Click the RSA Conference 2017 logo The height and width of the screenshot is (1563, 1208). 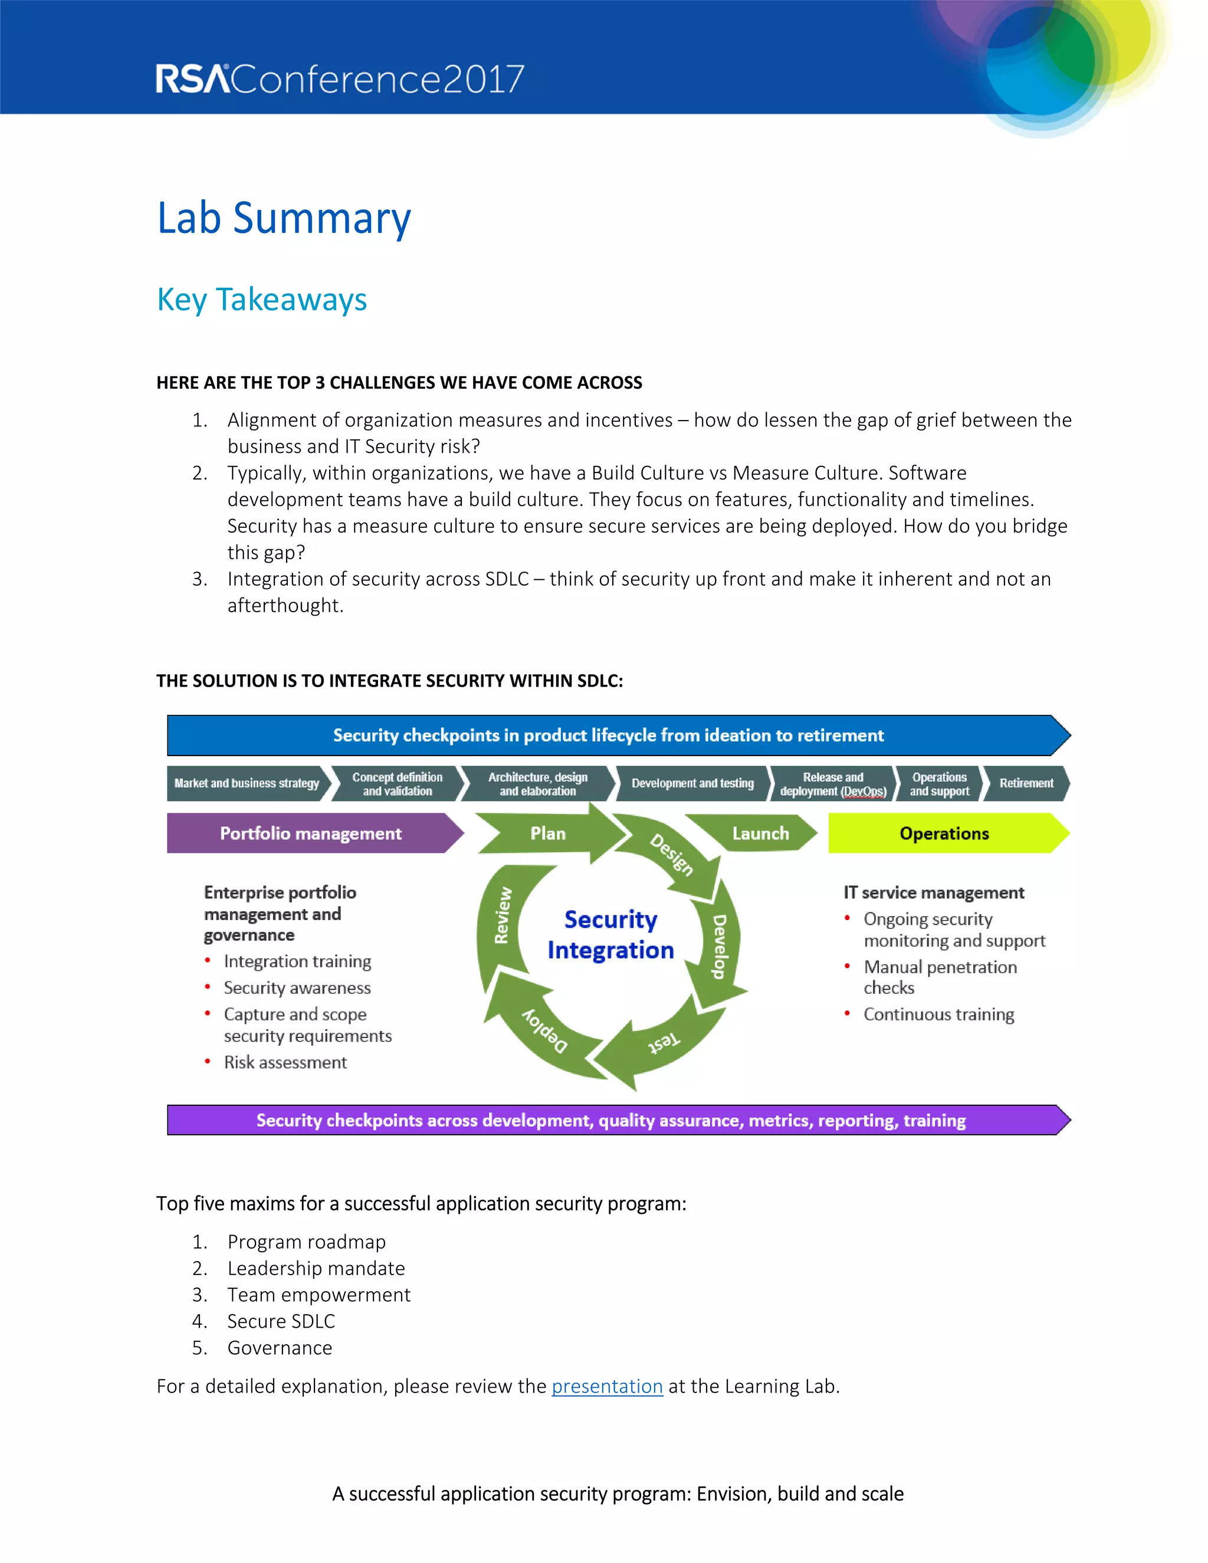(340, 78)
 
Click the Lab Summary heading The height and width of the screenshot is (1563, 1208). (284, 218)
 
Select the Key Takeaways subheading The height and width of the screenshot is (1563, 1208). (262, 299)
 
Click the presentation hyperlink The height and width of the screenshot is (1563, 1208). (607, 1386)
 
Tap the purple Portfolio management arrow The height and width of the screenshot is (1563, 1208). (311, 833)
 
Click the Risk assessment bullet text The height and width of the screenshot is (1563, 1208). (285, 1062)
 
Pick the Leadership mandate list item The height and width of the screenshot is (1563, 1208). (316, 1268)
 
